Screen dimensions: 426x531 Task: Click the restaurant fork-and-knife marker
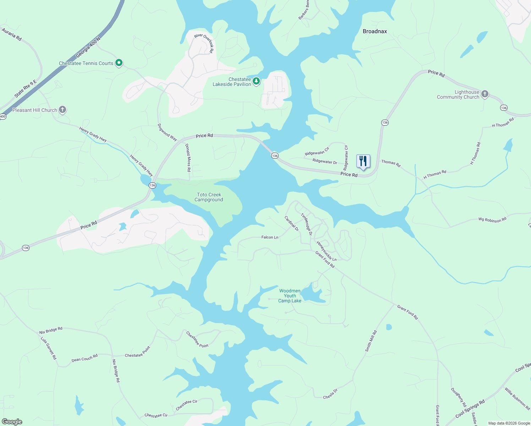363,162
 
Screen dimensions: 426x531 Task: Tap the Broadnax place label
374,31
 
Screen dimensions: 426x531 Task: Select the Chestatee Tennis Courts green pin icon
119,63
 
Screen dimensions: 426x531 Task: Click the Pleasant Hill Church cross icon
62,110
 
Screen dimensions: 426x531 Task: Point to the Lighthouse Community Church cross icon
485,94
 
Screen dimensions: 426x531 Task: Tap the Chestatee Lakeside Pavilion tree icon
256,81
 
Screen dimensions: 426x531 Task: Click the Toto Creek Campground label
209,197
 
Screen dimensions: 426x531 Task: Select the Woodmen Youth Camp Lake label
290,296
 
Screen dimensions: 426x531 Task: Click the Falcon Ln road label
270,237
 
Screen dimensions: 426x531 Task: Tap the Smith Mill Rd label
371,341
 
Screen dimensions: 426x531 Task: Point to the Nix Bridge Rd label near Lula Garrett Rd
51,331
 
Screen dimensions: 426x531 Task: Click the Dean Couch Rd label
84,358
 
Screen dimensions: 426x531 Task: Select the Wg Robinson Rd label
492,220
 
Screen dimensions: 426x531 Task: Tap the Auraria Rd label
12,34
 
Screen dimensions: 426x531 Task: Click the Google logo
12,421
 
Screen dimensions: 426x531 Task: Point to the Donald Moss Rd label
188,158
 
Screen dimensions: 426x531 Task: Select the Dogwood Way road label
167,132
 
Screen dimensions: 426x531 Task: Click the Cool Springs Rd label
470,409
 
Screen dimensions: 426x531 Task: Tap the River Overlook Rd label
204,43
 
